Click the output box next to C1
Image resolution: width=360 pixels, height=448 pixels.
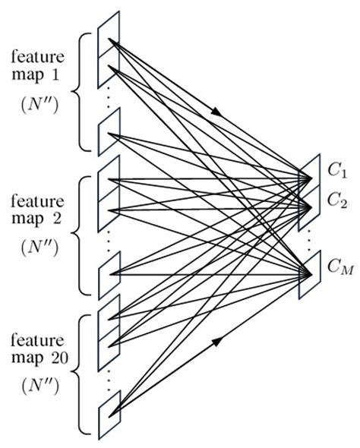coord(311,174)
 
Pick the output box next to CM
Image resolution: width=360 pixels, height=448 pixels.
coord(311,272)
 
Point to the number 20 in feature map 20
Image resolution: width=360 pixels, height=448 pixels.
coord(68,352)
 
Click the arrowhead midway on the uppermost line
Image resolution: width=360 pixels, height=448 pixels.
coord(219,113)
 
